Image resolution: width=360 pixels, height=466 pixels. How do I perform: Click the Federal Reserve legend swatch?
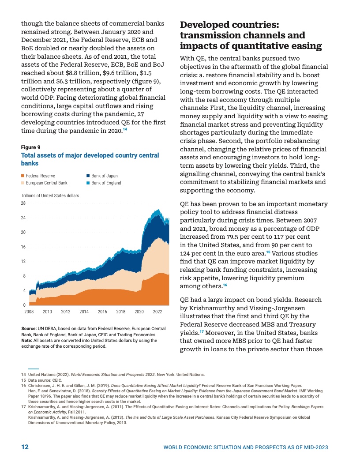[23, 176]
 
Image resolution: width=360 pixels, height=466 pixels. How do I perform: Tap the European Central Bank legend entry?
[46, 183]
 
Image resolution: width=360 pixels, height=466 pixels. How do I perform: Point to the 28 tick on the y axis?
[24, 203]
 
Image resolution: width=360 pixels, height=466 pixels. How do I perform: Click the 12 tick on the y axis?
[24, 261]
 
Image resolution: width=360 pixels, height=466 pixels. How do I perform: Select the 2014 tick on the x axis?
[84, 311]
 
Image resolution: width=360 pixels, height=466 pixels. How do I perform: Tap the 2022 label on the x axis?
[157, 311]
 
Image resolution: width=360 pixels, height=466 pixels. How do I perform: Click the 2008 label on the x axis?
[29, 311]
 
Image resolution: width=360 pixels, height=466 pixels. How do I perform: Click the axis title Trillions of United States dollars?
[50, 195]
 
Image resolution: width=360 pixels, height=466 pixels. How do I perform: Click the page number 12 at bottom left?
[25, 447]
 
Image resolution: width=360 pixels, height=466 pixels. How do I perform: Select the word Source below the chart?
[29, 329]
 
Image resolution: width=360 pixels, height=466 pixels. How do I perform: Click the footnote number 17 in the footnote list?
[24, 406]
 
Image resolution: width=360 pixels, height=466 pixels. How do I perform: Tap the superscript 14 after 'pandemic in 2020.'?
[125, 129]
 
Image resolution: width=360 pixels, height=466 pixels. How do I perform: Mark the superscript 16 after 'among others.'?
[225, 286]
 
